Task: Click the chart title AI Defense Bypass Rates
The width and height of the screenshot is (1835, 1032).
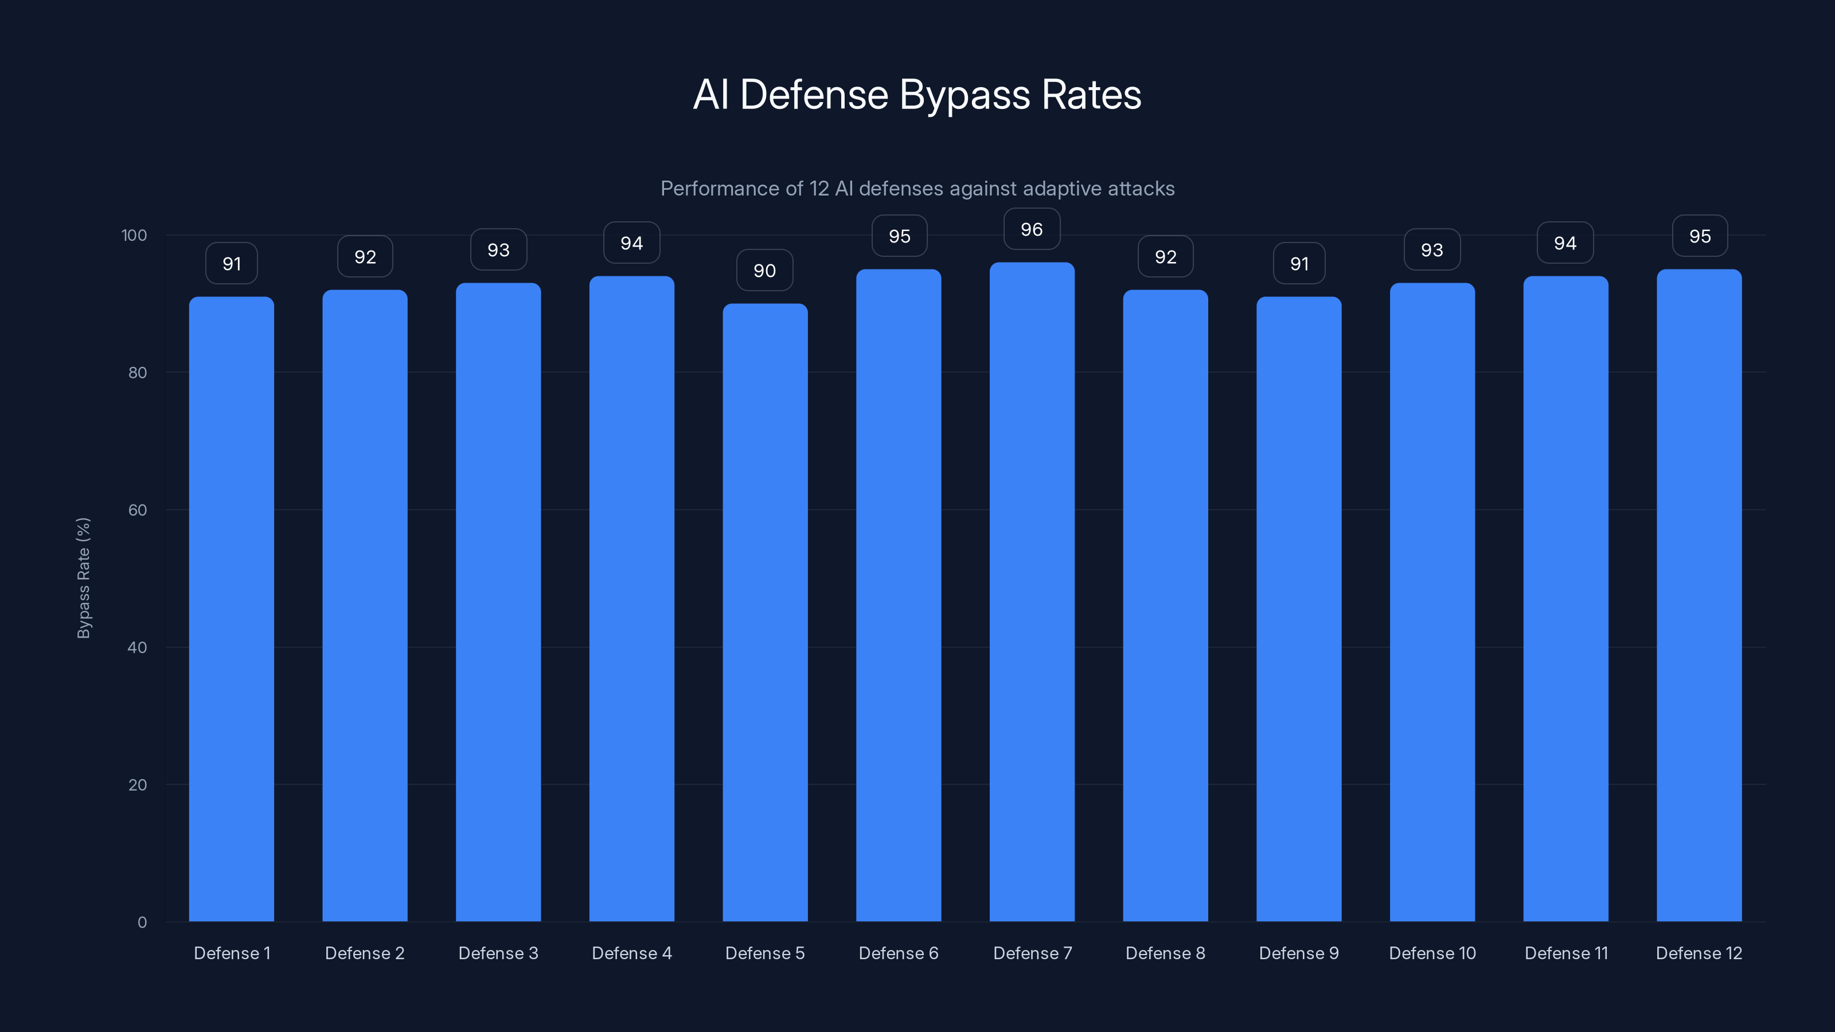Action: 917,95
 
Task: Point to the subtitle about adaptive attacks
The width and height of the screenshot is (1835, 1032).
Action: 917,189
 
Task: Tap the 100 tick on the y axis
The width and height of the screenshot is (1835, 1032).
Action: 134,236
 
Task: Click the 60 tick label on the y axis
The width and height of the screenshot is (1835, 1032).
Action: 138,510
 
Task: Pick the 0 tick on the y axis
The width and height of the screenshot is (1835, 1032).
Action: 142,922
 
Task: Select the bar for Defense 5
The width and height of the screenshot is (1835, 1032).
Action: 765,612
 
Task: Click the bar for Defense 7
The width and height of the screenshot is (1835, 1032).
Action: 1032,591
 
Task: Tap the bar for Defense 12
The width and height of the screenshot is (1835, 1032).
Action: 1699,595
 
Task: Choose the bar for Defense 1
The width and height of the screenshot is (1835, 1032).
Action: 232,609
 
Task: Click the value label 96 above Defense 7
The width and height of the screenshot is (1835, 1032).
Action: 1032,229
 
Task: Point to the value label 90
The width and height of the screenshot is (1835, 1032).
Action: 764,271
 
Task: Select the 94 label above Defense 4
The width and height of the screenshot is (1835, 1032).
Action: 631,244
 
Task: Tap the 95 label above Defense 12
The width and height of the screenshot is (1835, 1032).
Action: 1700,236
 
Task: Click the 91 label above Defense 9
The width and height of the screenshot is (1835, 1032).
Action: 1299,264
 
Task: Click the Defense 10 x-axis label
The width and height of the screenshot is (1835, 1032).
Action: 1432,953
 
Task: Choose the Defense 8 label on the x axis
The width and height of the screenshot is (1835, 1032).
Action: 1165,953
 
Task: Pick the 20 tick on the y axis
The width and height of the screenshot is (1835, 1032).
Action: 138,785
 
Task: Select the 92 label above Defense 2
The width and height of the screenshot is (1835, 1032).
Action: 365,257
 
